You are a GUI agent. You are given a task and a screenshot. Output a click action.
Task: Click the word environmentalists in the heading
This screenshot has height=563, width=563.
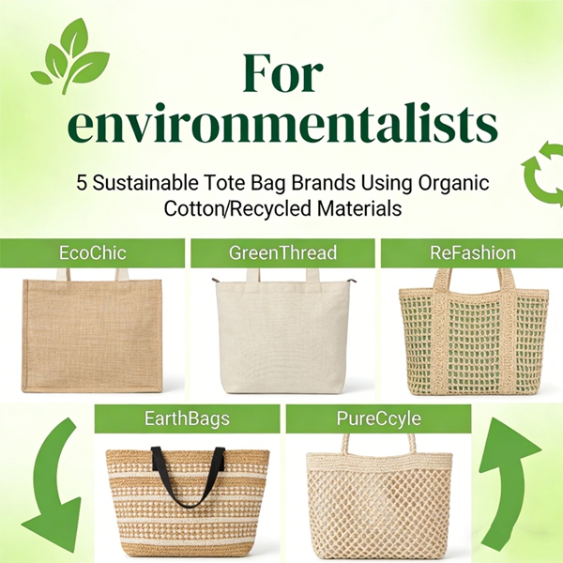coord(281,127)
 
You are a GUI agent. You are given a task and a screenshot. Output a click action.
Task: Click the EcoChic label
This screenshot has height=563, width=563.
coord(92,252)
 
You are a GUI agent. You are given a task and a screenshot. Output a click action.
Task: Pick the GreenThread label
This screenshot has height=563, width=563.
coord(282,252)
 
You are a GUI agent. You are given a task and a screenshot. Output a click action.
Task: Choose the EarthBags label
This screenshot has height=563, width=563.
coord(188,418)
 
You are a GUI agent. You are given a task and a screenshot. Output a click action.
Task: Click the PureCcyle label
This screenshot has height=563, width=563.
coord(377,418)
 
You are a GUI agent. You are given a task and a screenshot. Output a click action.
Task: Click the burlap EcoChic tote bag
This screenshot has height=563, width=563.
coord(92,333)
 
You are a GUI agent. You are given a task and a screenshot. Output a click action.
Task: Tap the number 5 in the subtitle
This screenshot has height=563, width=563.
coord(82,182)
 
